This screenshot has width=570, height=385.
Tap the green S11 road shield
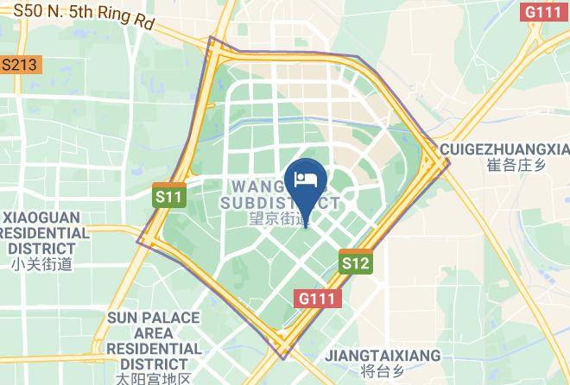tap(170, 196)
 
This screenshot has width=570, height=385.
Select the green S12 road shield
tap(356, 262)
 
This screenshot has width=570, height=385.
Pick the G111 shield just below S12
tap(319, 298)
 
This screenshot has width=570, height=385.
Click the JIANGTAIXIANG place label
tap(383, 356)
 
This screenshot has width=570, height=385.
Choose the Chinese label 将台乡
tap(383, 372)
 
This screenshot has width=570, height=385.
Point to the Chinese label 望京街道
tap(276, 219)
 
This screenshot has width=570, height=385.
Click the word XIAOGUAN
tap(41, 217)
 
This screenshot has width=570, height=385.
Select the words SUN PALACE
tap(154, 318)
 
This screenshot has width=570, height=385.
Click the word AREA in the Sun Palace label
tap(153, 333)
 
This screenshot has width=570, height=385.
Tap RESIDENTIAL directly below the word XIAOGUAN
tap(44, 232)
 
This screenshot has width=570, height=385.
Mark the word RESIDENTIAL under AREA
tap(154, 349)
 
